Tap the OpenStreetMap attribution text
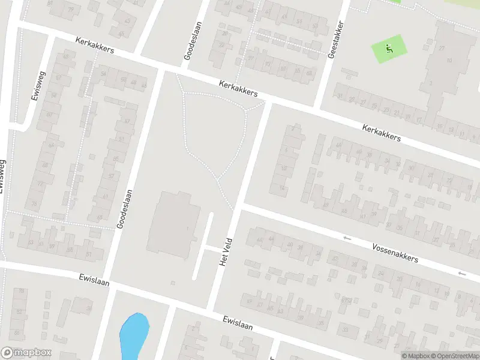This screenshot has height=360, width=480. point(454,356)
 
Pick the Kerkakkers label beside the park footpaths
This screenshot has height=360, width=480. point(238,89)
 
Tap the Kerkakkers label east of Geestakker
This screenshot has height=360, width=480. point(381,133)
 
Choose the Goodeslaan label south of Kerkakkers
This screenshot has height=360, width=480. point(123,209)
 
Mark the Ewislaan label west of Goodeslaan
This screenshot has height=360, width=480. point(94,280)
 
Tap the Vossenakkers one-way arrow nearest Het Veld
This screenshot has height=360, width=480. point(347,238)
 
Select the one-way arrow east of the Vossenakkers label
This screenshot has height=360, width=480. point(460,274)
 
